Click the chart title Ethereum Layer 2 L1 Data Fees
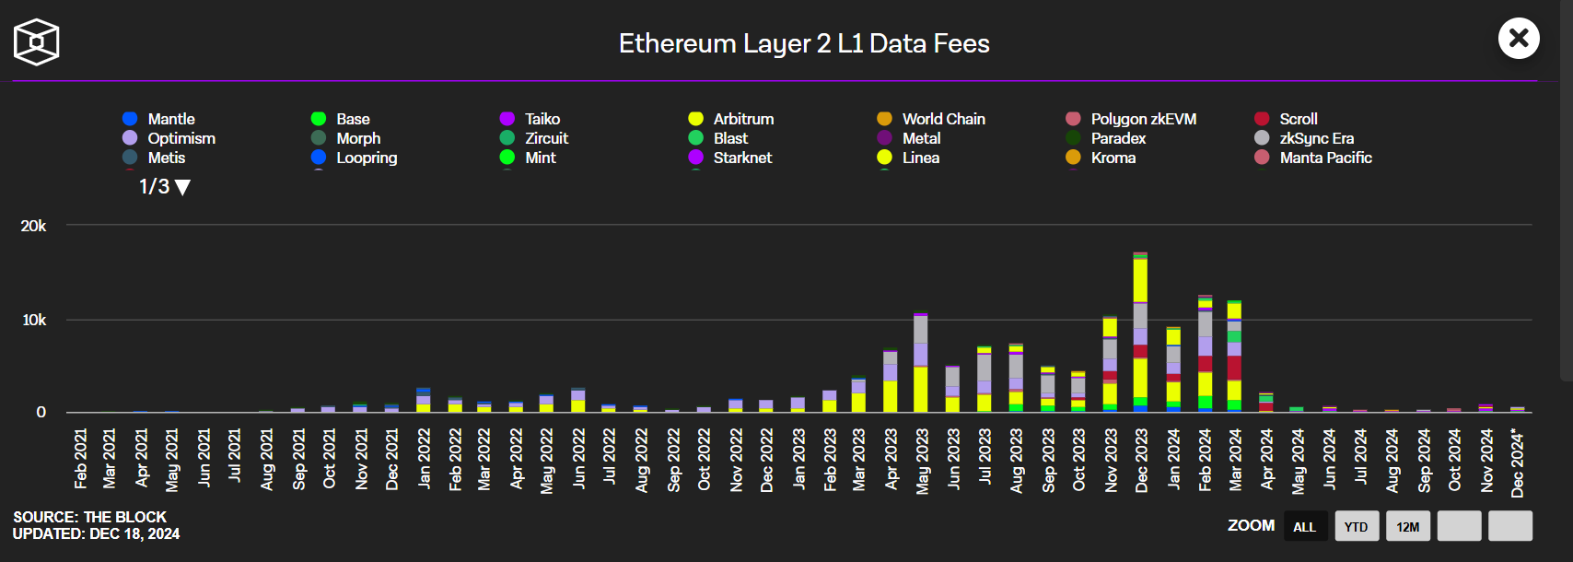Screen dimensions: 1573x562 click(804, 43)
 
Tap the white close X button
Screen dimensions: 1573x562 click(1519, 38)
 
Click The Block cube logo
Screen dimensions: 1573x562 click(37, 42)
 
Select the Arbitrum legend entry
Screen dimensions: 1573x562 click(731, 119)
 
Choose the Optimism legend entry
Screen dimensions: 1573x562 click(169, 138)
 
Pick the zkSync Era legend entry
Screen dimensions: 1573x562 click(1304, 138)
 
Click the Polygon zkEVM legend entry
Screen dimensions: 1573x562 click(1131, 119)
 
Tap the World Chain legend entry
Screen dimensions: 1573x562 click(931, 119)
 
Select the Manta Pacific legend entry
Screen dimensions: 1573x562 click(1313, 158)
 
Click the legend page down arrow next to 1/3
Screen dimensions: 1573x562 click(182, 187)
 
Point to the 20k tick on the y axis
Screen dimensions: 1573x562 click(34, 226)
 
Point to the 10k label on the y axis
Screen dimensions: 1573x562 click(34, 320)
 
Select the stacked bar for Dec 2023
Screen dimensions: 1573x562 click(1140, 333)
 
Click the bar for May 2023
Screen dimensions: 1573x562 click(921, 362)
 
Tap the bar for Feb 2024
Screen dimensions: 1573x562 click(1205, 354)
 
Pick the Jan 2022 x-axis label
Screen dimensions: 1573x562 click(425, 459)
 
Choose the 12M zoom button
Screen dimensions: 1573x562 click(1408, 526)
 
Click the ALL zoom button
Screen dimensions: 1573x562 click(1305, 526)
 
